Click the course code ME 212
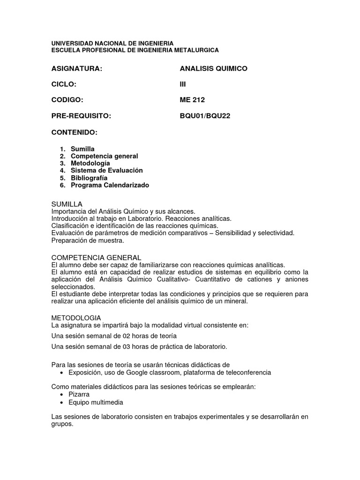point(192,100)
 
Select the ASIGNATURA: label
point(76,69)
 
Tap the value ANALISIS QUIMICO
point(213,69)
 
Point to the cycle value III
point(183,84)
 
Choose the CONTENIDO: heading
point(74,132)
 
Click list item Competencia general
point(104,156)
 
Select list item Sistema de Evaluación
point(106,171)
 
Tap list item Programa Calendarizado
point(110,185)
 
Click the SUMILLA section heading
point(67,204)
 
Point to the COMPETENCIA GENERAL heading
point(96,257)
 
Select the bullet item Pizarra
point(79,395)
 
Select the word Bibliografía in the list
point(89,178)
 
